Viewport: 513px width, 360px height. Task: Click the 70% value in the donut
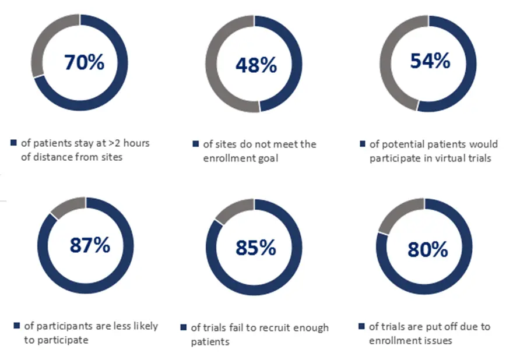coord(84,62)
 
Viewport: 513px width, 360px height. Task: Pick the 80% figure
coord(428,249)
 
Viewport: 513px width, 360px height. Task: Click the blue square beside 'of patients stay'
coord(13,143)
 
